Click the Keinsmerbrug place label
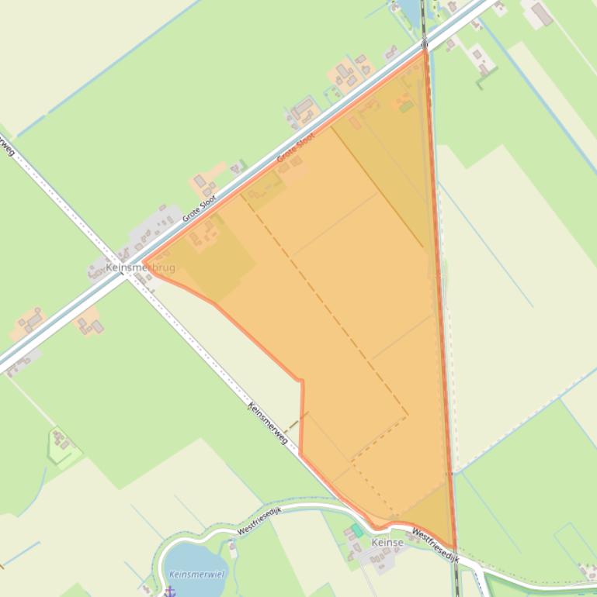(140, 268)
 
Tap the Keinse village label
(387, 543)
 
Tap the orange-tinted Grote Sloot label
(296, 148)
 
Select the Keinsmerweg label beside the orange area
(268, 423)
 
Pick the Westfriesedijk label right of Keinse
(435, 546)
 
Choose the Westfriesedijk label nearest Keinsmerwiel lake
(259, 518)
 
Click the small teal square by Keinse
(356, 530)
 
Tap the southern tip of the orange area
(455, 549)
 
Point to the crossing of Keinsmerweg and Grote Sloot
(128, 261)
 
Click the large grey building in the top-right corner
(541, 13)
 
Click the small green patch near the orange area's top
(406, 106)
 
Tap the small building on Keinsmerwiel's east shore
(233, 549)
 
